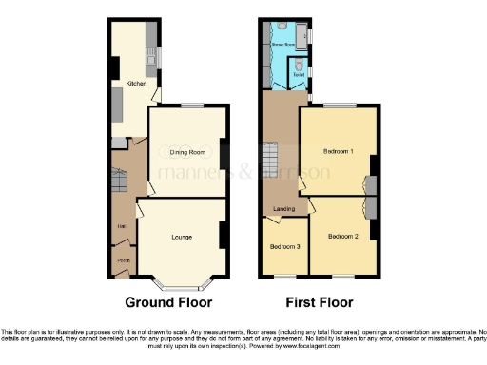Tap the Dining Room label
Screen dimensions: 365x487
pyautogui.click(x=187, y=152)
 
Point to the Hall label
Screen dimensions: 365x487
pyautogui.click(x=122, y=226)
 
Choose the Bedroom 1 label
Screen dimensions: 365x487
pyautogui.click(x=338, y=152)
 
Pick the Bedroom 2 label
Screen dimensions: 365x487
pyautogui.click(x=342, y=236)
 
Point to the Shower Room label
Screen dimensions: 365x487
pyautogui.click(x=283, y=44)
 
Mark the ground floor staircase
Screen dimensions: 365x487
pyautogui.click(x=120, y=181)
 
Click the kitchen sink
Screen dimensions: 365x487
pyautogui.click(x=151, y=62)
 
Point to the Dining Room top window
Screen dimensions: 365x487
pyautogui.click(x=193, y=106)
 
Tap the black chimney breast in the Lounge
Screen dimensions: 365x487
pyautogui.click(x=222, y=235)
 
